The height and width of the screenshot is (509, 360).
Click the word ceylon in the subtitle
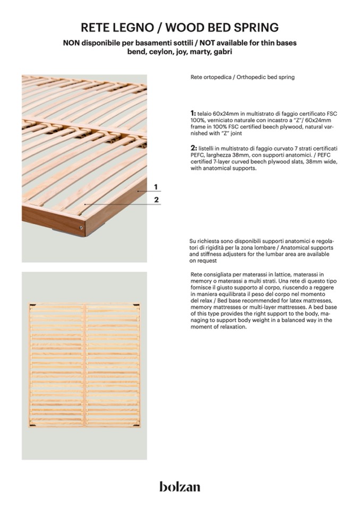[x=160, y=52]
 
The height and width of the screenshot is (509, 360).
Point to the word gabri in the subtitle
[x=222, y=52]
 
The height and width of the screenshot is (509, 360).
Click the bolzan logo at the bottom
[x=180, y=486]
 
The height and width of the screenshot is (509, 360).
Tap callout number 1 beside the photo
[x=156, y=187]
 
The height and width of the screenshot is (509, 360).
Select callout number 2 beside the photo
[x=156, y=200]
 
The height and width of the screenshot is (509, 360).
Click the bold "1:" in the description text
[x=193, y=114]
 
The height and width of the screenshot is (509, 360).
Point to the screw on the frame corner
[x=81, y=227]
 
